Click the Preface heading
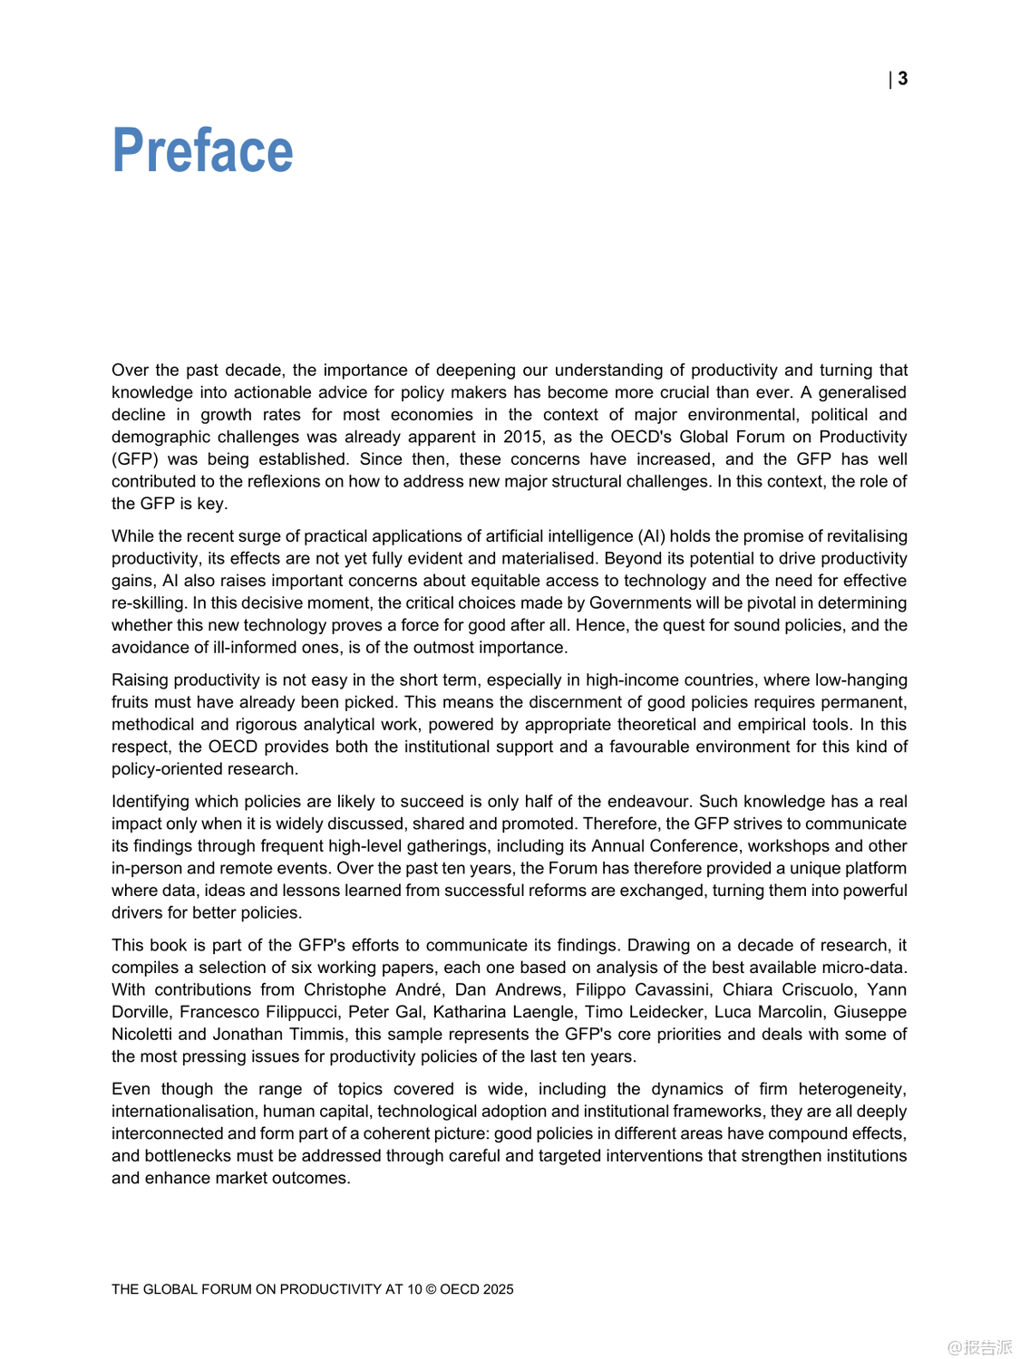pos(202,150)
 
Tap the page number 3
pos(903,79)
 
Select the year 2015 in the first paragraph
pos(522,437)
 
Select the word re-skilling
pos(148,603)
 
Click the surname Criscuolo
pos(811,990)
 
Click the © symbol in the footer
pos(431,1289)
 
